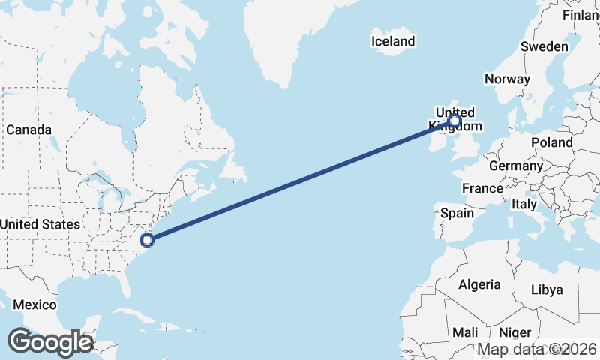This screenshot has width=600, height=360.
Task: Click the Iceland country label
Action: point(393,41)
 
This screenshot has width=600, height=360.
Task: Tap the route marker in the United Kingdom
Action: point(454,120)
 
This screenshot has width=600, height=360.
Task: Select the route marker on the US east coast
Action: point(147,240)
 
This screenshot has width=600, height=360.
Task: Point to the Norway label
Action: point(507,79)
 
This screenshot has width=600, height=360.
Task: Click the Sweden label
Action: point(544,46)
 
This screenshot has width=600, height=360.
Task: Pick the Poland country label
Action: point(551,142)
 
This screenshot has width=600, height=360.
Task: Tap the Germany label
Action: point(515,166)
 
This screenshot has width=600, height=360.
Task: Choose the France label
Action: point(482,188)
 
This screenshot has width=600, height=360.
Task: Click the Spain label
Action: point(457,213)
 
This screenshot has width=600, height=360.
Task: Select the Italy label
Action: point(524,204)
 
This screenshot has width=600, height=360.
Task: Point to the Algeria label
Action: point(479,284)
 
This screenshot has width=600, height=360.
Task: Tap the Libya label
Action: point(546,289)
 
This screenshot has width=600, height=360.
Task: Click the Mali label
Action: point(465,332)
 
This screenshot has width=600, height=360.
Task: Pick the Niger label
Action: point(514,332)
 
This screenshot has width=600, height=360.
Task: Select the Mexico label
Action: point(34,304)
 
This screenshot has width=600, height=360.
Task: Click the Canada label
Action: point(28,130)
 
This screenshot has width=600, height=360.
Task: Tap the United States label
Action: point(40,224)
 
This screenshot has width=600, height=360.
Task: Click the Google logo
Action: point(50,342)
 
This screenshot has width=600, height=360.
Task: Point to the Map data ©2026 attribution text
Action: point(537,349)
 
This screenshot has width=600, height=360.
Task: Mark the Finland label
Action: point(582,15)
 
